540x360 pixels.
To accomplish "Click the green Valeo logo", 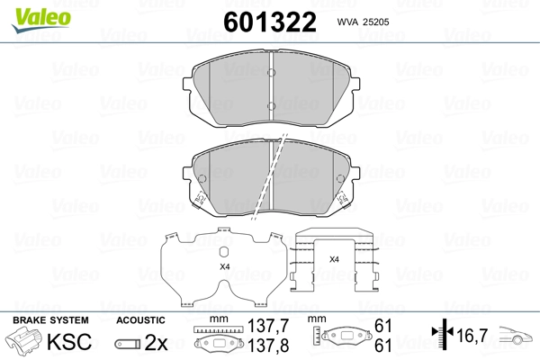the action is tap(41, 21).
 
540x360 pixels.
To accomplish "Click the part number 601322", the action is tap(270, 22).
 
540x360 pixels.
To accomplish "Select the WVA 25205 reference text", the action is tap(363, 22).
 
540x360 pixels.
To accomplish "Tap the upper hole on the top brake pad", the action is tap(272, 72).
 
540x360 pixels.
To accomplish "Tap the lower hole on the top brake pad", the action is tap(272, 106).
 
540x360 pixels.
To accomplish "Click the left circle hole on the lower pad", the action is tap(202, 179).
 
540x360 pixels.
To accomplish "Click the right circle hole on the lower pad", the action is tap(340, 179).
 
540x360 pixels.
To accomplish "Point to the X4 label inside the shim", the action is tap(224, 266).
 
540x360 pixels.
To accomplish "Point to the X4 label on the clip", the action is tap(334, 259).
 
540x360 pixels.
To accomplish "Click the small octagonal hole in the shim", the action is tap(224, 253).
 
